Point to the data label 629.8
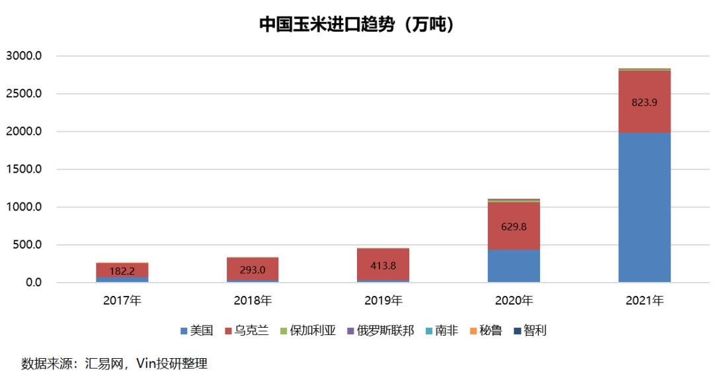click(x=514, y=226)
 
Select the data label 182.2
click(x=122, y=271)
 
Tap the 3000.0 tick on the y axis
click(x=24, y=56)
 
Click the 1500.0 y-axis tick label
click(x=24, y=169)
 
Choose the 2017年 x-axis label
click(x=122, y=301)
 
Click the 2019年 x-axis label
click(x=383, y=301)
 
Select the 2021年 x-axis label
click(x=644, y=301)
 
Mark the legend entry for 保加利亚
click(x=307, y=330)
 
